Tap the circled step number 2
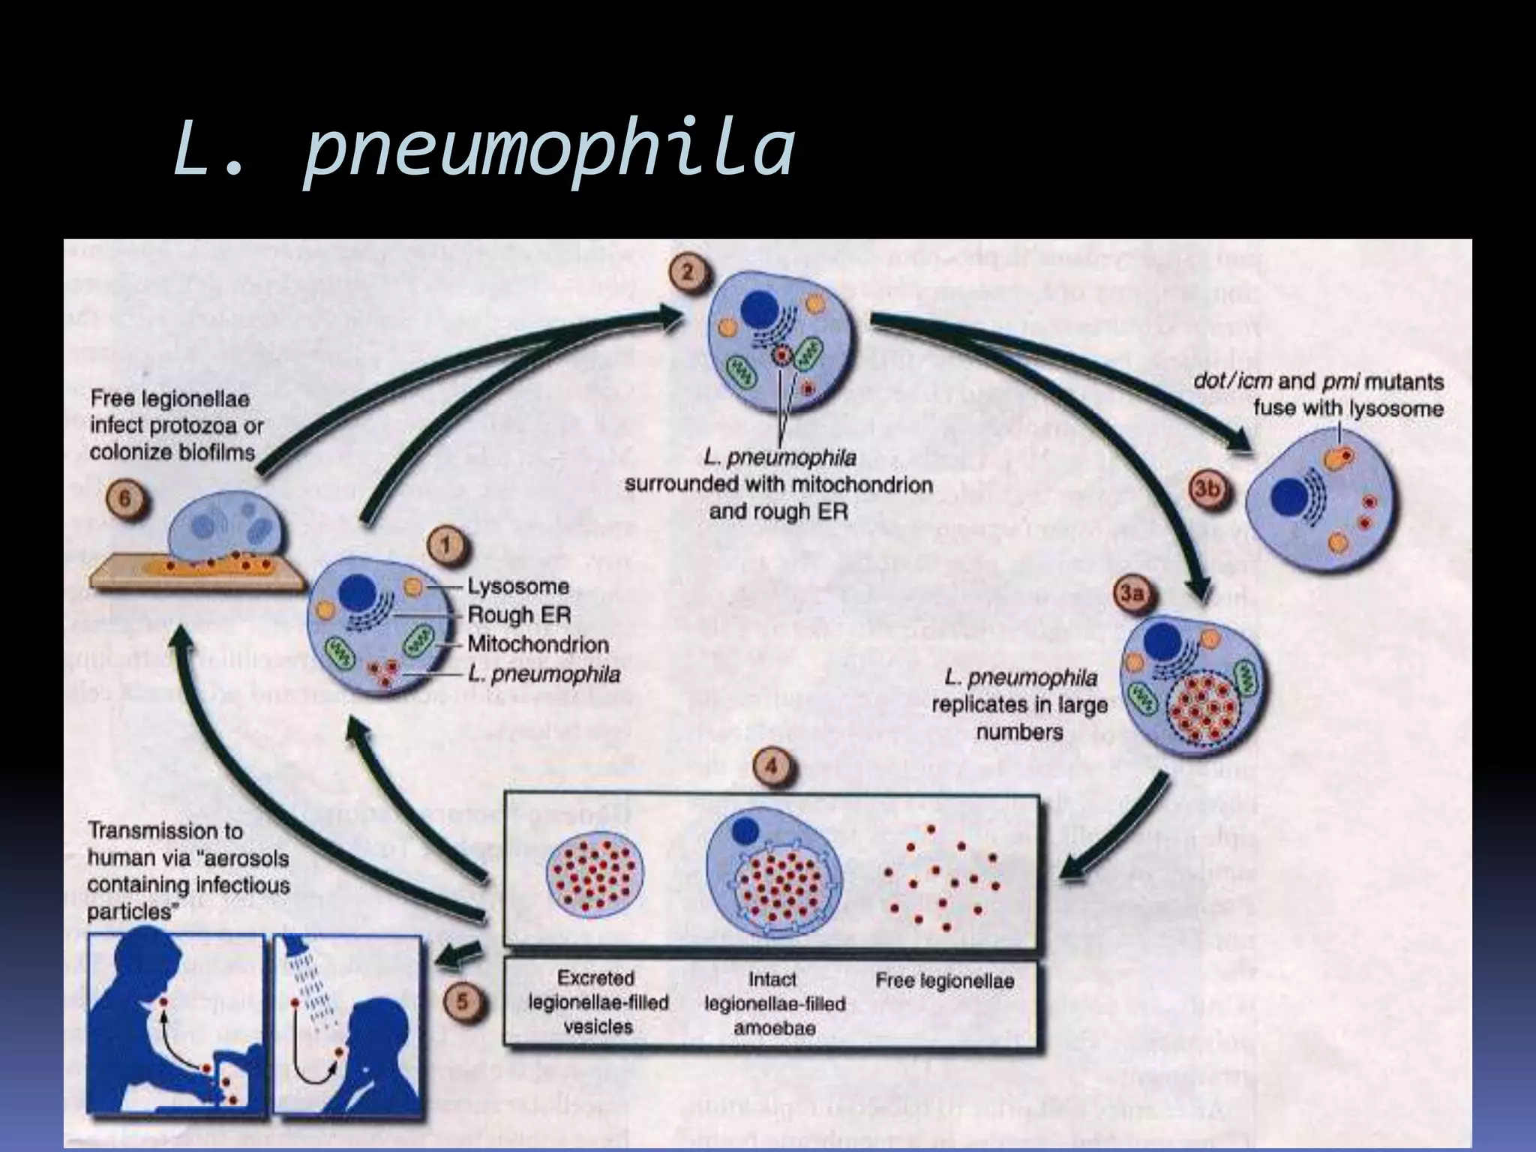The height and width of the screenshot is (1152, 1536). coord(687,272)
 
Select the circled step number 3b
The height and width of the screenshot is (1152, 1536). coord(1207,489)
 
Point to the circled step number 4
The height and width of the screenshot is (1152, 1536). coord(773,766)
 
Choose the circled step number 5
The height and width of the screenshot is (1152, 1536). coord(464,1003)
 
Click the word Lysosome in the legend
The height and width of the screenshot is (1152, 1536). coord(517,586)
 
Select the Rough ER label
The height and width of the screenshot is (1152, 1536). coord(519,615)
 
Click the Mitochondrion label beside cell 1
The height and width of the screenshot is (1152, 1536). coord(538,643)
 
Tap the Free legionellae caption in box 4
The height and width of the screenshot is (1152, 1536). coord(944,980)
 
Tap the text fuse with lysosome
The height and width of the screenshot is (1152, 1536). coord(1348,409)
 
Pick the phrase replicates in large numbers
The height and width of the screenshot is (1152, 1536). coord(1018,718)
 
